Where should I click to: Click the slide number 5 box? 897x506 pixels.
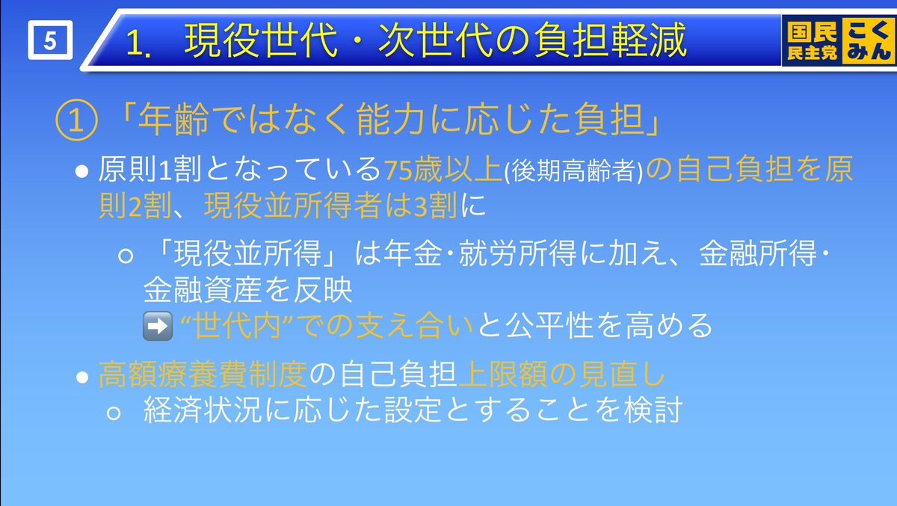[51, 40]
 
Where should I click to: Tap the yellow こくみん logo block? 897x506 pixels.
[869, 40]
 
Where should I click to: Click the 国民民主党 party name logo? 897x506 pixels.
[812, 41]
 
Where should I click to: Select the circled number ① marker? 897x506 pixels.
[76, 120]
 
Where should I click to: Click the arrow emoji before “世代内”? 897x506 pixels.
[158, 327]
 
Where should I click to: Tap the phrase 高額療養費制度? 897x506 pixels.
[203, 374]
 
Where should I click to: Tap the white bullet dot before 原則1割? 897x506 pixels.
[81, 171]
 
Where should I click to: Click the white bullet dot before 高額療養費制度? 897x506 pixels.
[82, 377]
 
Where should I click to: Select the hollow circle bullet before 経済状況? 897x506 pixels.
[114, 413]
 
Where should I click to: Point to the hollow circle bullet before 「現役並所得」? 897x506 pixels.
[126, 256]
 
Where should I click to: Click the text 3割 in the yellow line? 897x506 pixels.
[435, 206]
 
